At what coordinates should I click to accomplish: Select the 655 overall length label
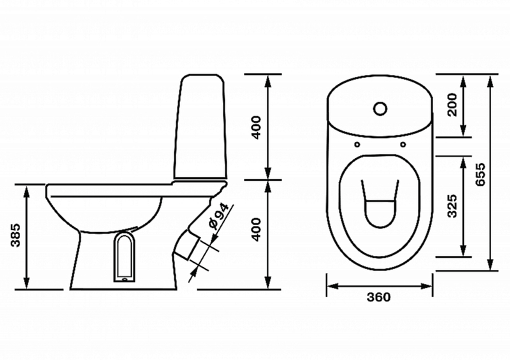(480, 175)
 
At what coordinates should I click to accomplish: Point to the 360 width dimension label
(379, 297)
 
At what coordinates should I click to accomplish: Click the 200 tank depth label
(452, 104)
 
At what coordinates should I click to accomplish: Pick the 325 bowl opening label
(452, 206)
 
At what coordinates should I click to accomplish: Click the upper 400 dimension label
(257, 127)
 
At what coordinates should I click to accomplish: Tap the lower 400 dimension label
(257, 229)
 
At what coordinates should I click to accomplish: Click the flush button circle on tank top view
(380, 109)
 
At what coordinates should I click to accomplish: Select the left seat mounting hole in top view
(357, 145)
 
